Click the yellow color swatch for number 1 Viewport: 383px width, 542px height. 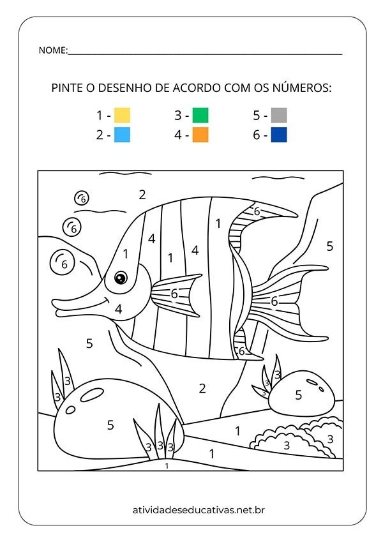pos(122,116)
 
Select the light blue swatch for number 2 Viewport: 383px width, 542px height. pos(122,135)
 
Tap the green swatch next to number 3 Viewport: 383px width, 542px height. pos(200,116)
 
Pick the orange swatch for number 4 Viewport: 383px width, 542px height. pos(200,135)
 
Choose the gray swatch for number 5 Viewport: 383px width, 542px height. pos(278,116)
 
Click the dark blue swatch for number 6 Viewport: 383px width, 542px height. pos(278,135)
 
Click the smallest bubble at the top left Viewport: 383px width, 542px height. pos(82,199)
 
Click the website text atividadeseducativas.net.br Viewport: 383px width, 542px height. pos(191,509)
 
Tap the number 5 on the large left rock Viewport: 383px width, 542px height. pos(110,425)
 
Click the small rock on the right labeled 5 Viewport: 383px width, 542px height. pos(298,395)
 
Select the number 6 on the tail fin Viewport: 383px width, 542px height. pos(274,301)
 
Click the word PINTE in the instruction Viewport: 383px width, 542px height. pos(66,87)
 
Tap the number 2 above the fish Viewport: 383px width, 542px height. pos(142,195)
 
